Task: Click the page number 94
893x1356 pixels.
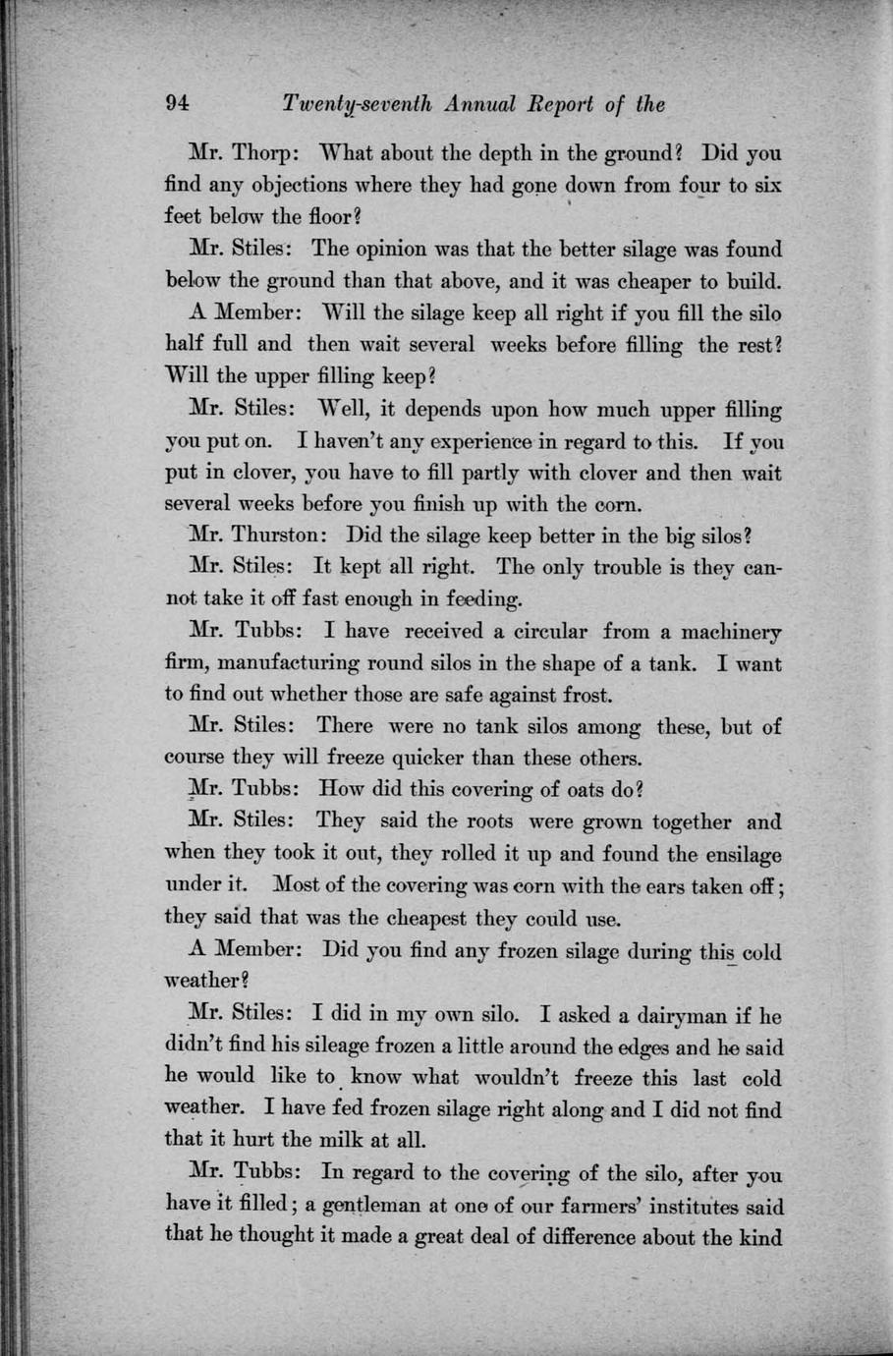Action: click(178, 104)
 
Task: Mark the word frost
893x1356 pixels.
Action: click(586, 695)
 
